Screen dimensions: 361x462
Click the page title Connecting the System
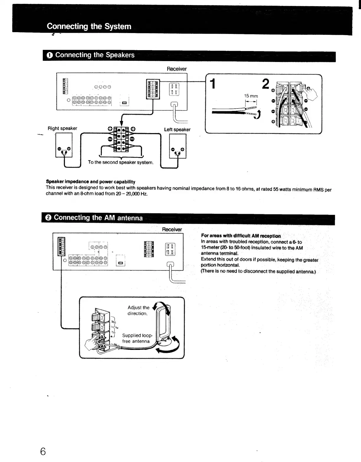[x=89, y=26]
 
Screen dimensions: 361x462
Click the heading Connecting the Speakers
[x=95, y=55]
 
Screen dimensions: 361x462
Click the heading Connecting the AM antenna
[x=98, y=218]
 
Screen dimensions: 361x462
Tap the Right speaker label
[x=62, y=128]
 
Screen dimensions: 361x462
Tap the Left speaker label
[x=177, y=130]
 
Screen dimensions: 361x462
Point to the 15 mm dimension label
[x=251, y=96]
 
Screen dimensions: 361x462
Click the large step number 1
[x=212, y=84]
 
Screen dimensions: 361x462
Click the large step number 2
[x=265, y=84]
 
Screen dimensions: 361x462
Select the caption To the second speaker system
[x=121, y=162]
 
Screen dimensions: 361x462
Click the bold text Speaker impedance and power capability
[x=91, y=182]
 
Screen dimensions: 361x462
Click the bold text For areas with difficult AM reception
[x=241, y=236]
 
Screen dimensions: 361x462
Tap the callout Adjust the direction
[x=138, y=310]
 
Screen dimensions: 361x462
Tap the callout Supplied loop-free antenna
[x=137, y=338]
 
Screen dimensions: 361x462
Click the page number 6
[x=43, y=451]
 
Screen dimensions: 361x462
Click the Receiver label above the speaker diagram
[x=177, y=69]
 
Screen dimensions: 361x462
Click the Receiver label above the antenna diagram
[x=172, y=229]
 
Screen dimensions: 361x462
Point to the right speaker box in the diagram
[x=64, y=145]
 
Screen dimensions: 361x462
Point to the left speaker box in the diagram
[x=178, y=146]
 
